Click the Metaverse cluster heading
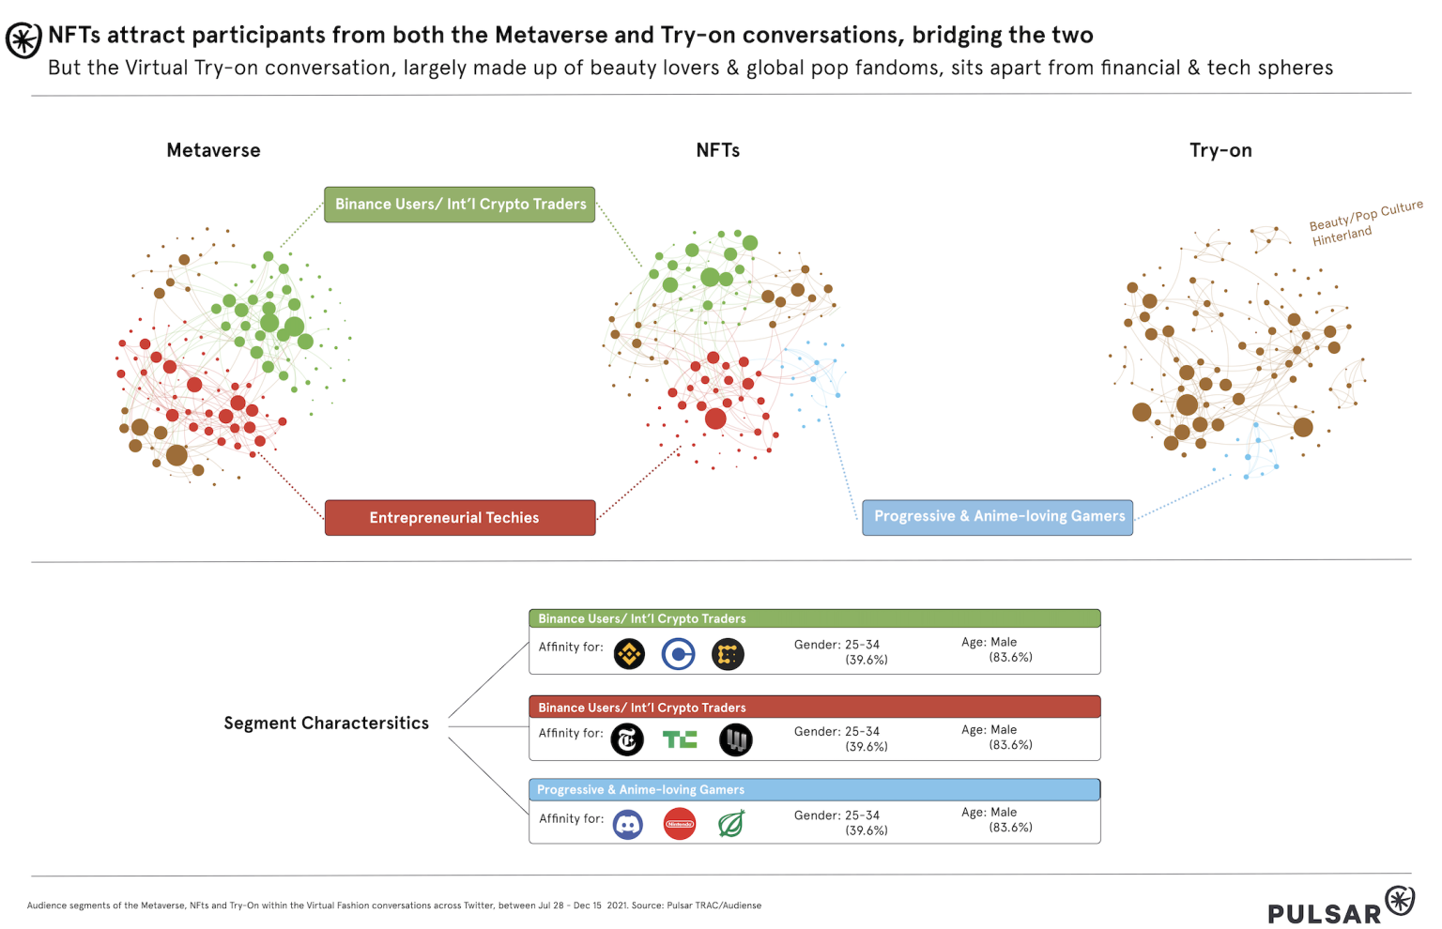[213, 150]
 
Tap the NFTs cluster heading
[717, 150]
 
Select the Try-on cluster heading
[1220, 150]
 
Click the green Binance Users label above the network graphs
[459, 205]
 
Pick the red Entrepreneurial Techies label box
[459, 518]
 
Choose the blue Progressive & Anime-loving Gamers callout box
[997, 517]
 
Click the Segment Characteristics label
[326, 723]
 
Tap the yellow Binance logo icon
[629, 654]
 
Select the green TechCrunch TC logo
[679, 740]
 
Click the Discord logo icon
[627, 825]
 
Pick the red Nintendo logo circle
[679, 825]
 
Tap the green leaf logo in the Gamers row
[730, 824]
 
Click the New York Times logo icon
[627, 740]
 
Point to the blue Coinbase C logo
[678, 654]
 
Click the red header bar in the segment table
[814, 708]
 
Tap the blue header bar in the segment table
[814, 790]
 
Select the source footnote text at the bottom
[394, 906]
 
